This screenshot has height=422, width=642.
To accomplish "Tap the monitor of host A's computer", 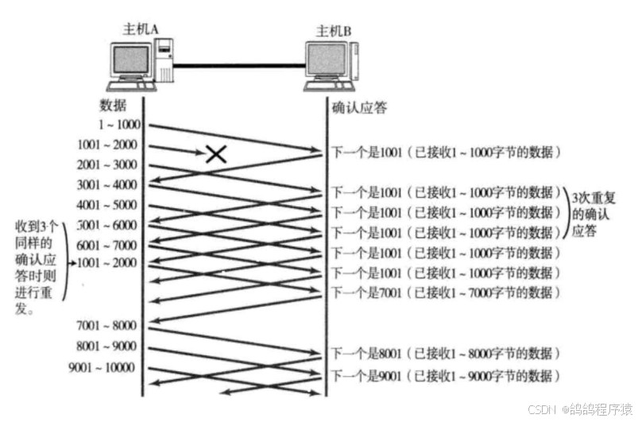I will [x=131, y=62].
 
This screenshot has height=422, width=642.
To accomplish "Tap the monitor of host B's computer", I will [x=328, y=62].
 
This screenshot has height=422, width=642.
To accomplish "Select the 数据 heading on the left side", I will [x=113, y=106].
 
